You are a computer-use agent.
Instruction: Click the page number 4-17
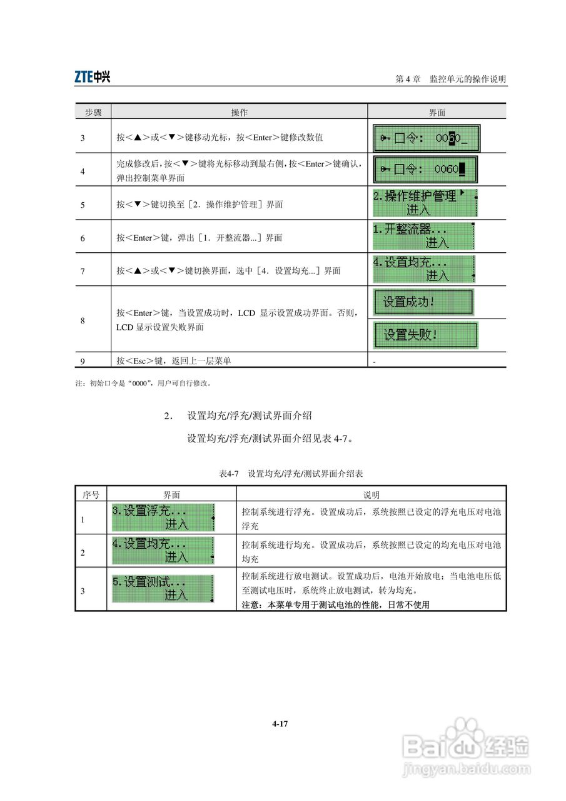pyautogui.click(x=280, y=724)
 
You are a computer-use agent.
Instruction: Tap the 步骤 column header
pyautogui.click(x=93, y=113)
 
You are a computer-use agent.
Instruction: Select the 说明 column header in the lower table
pyautogui.click(x=371, y=494)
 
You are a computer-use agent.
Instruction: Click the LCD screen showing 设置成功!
pyautogui.click(x=424, y=302)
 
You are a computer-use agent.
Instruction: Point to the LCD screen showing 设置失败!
pyautogui.click(x=425, y=335)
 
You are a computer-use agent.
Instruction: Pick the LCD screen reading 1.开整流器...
pyautogui.click(x=423, y=236)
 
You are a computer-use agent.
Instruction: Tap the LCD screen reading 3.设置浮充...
pyautogui.click(x=163, y=518)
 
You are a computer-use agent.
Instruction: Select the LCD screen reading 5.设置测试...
pyautogui.click(x=163, y=589)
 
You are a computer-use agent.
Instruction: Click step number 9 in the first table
pyautogui.click(x=83, y=360)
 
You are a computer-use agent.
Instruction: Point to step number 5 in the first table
pyautogui.click(x=83, y=205)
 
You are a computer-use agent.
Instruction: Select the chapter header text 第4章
pyautogui.click(x=408, y=79)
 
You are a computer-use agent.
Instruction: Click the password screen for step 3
pyautogui.click(x=426, y=136)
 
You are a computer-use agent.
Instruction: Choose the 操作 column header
pyautogui.click(x=239, y=113)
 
